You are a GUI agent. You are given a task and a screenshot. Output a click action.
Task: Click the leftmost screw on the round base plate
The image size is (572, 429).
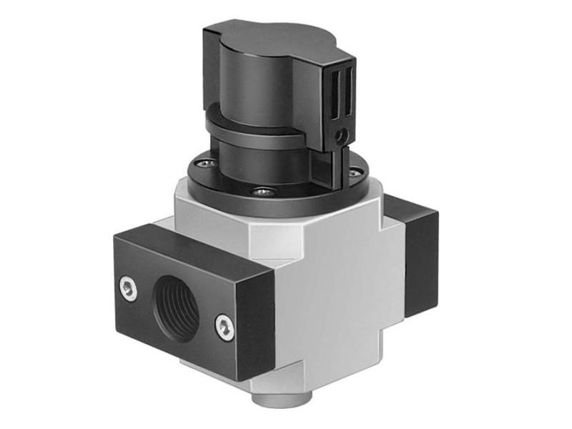tap(204, 163)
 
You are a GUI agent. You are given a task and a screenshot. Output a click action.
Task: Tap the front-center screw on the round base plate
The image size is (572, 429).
tap(265, 192)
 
